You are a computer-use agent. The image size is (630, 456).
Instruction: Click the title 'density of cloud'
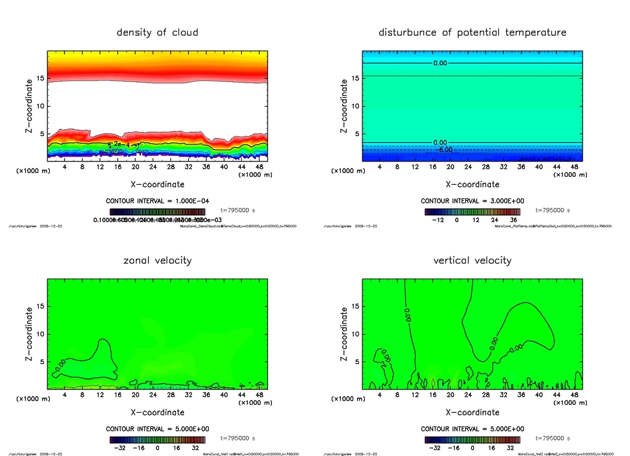pyautogui.click(x=157, y=32)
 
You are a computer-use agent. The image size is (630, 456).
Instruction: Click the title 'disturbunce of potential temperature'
pyautogui.click(x=472, y=32)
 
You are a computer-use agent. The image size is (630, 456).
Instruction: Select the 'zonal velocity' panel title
pyautogui.click(x=157, y=260)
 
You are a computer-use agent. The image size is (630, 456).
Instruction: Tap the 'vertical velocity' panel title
pyautogui.click(x=472, y=260)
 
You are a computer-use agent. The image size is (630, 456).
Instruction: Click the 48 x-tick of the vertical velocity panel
pyautogui.click(x=574, y=394)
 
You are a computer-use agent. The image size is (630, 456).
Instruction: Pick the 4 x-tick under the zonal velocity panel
pyautogui.click(x=65, y=394)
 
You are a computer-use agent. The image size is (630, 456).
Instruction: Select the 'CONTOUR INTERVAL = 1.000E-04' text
pyautogui.click(x=157, y=201)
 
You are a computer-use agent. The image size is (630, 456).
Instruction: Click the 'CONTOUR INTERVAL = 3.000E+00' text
pyautogui.click(x=472, y=201)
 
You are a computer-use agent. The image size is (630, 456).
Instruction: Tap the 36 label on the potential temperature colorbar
pyautogui.click(x=513, y=219)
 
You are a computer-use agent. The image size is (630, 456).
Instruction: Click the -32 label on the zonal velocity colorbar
pyautogui.click(x=122, y=447)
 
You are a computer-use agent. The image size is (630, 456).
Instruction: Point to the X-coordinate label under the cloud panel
pyautogui.click(x=157, y=184)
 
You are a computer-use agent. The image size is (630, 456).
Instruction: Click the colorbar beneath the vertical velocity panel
pyautogui.click(x=472, y=440)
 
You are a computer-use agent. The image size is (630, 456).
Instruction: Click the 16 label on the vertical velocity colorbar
pyautogui.click(x=492, y=447)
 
